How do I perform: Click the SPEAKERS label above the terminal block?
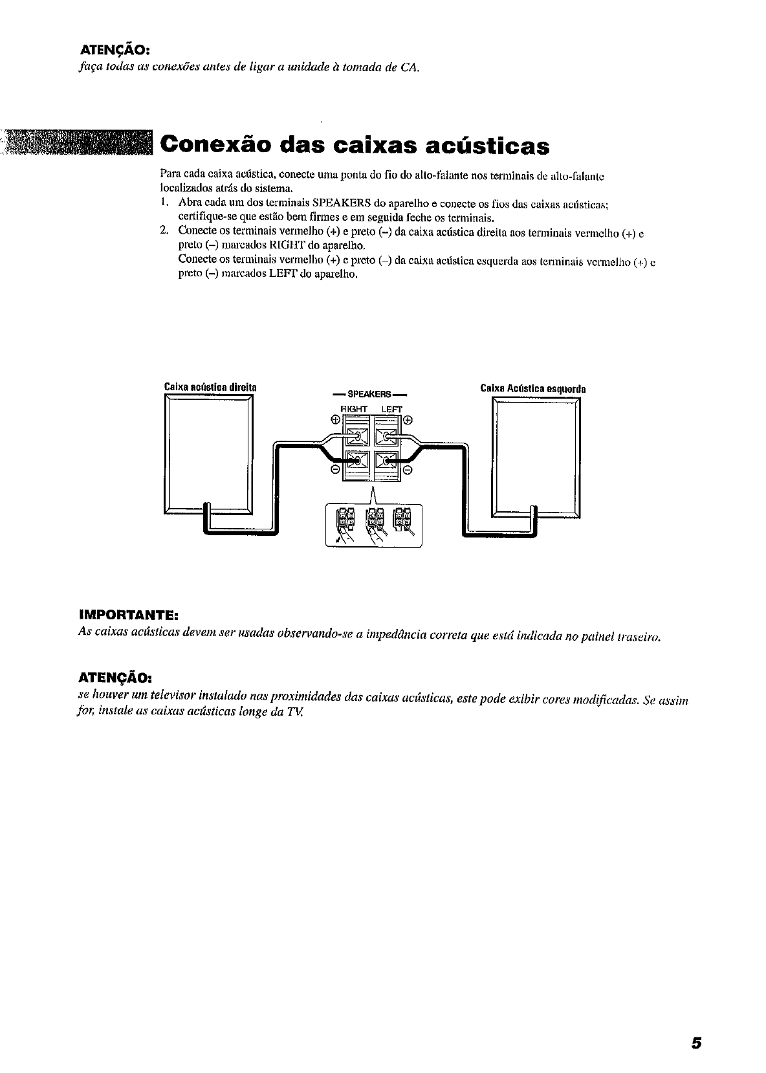(x=370, y=394)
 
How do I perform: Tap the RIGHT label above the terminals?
(x=353, y=409)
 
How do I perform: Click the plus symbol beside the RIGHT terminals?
(x=335, y=419)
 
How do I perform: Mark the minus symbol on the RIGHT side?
(x=335, y=469)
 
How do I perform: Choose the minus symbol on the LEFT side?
(x=408, y=469)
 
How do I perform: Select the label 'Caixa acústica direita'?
(x=210, y=387)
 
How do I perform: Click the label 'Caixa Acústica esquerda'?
(x=533, y=389)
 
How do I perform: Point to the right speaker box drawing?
(x=208, y=456)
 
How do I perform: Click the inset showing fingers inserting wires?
(x=373, y=525)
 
